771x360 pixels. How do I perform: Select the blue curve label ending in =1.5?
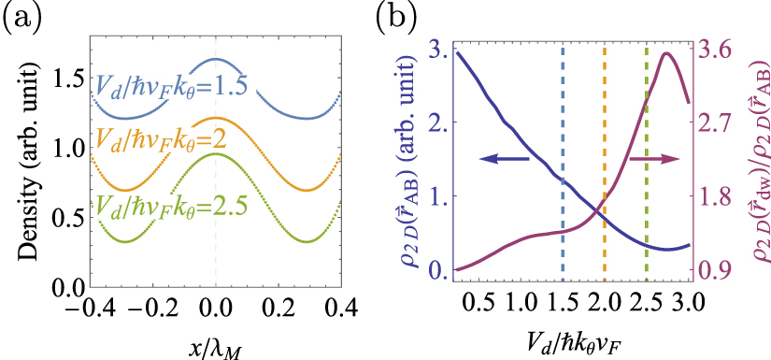click(x=171, y=86)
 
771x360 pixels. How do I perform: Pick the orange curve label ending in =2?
click(x=164, y=140)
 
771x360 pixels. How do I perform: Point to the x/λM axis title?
click(x=217, y=345)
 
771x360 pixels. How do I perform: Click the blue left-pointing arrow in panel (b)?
click(x=505, y=161)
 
